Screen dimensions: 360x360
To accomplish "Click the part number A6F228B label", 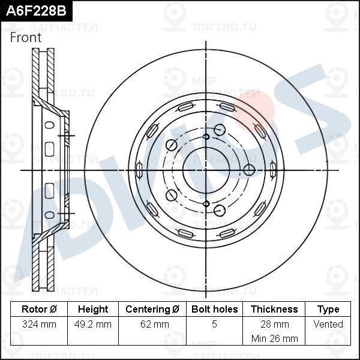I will click(34, 10).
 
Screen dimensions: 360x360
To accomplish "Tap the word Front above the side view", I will click(26, 37).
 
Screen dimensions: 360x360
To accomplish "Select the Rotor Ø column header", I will click(39, 310).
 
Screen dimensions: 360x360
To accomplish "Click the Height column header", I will click(93, 310).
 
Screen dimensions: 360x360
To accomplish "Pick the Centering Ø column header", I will click(152, 310).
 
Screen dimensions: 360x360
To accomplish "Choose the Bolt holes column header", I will click(214, 310).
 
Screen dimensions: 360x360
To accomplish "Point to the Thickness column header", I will click(274, 310).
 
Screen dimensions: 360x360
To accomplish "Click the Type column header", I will click(328, 310).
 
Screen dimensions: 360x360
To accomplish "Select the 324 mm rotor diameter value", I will click(39, 324).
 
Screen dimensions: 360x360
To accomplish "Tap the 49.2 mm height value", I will click(93, 324).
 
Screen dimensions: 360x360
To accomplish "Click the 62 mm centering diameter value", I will click(152, 324).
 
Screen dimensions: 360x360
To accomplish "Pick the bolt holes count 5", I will click(214, 324).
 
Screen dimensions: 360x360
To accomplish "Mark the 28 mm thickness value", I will click(274, 324).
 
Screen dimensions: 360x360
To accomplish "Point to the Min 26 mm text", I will click(274, 338).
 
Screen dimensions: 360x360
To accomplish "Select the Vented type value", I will click(328, 324).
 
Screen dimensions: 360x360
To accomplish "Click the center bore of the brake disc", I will click(206, 170).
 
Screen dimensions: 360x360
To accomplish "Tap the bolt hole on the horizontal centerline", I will click(249, 170).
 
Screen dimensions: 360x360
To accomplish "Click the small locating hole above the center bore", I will click(206, 137).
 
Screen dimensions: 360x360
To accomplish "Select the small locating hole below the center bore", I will click(206, 204).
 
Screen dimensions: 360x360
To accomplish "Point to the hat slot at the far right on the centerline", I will click(273, 170).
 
